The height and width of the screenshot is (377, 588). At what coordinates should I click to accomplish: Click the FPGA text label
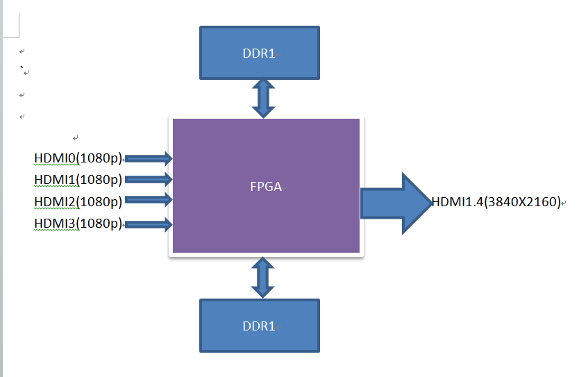tap(265, 186)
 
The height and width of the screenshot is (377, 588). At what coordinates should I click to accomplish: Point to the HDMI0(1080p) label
tap(78, 158)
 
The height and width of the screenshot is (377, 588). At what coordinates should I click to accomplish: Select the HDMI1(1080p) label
tap(78, 180)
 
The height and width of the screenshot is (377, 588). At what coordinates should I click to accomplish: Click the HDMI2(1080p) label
tap(78, 201)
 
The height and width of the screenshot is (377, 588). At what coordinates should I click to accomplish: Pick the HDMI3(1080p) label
tap(78, 224)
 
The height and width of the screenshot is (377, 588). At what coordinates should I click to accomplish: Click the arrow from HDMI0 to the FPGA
tap(148, 158)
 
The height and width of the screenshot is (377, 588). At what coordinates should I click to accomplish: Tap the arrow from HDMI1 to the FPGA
tap(148, 180)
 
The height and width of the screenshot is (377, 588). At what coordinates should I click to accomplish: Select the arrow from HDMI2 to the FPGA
tap(148, 201)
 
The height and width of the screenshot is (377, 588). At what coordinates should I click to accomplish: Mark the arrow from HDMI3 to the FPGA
tap(148, 224)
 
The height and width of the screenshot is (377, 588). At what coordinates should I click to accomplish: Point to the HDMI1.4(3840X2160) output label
tap(496, 202)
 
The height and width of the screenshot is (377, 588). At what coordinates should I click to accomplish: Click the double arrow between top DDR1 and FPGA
tap(263, 98)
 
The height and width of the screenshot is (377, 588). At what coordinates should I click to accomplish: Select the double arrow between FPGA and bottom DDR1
tap(263, 278)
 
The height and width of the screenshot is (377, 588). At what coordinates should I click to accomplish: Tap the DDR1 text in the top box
tap(259, 53)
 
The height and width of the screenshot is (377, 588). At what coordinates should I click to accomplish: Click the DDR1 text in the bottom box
tap(259, 326)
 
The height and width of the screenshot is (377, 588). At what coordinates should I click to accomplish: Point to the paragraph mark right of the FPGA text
tap(285, 187)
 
